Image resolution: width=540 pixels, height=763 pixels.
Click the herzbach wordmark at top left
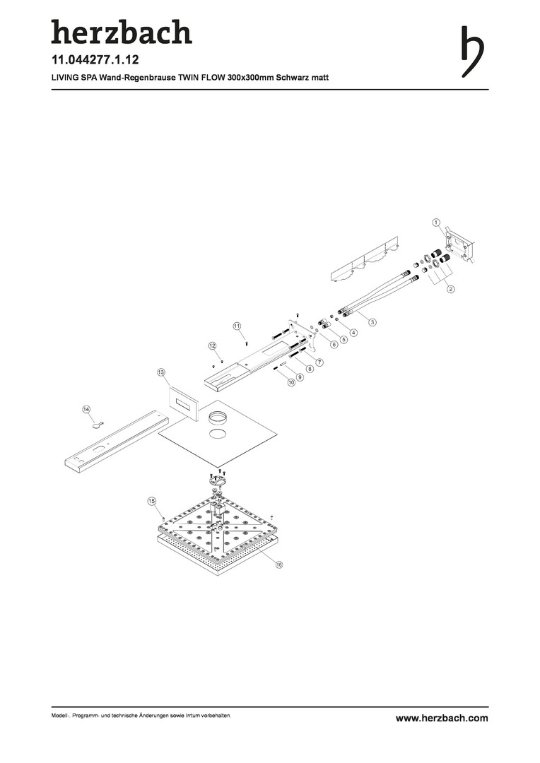point(122,32)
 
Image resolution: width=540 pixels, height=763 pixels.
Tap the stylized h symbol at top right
point(472,52)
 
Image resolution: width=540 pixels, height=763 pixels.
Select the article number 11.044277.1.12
point(95,60)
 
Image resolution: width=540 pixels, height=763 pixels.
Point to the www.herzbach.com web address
point(442,718)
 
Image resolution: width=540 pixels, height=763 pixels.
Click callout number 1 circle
point(436,223)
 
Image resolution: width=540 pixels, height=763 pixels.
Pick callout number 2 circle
point(451,289)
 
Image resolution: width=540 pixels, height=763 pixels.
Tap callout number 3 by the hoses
point(372,321)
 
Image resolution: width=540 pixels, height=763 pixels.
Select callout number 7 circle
point(319,362)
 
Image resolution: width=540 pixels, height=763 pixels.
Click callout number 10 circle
point(291,382)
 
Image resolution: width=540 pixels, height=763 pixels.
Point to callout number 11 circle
point(237,326)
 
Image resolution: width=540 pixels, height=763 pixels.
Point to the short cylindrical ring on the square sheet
point(216,418)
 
